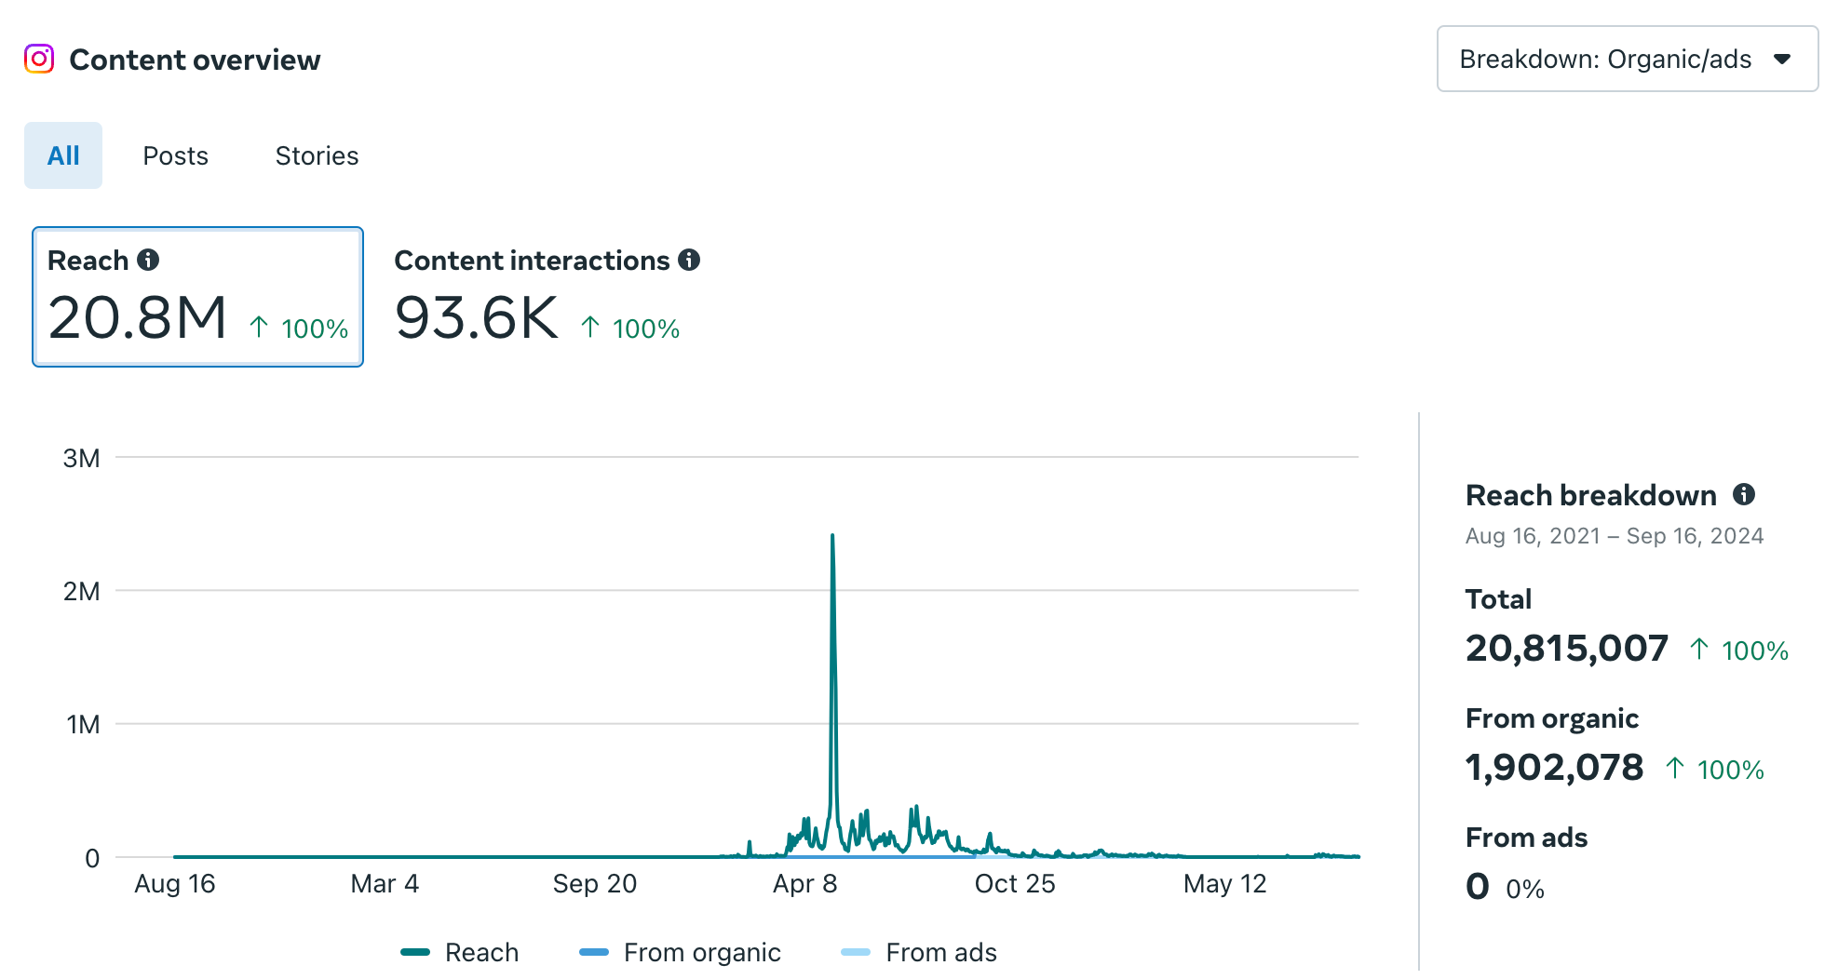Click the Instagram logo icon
[39, 59]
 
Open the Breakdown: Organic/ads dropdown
[1627, 59]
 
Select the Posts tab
[175, 155]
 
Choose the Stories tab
[317, 155]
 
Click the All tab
[63, 155]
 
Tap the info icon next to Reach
[148, 260]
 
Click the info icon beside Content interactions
[689, 260]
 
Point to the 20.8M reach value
[138, 317]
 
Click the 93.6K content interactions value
[476, 317]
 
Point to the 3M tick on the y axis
[81, 458]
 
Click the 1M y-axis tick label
[83, 724]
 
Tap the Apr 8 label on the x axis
[804, 883]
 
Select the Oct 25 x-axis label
[1014, 883]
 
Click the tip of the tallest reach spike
[832, 535]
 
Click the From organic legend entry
[701, 952]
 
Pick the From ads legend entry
[940, 952]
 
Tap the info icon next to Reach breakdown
[1744, 494]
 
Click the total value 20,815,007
[1566, 649]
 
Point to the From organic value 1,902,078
[1554, 768]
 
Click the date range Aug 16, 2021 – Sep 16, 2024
[1614, 536]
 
